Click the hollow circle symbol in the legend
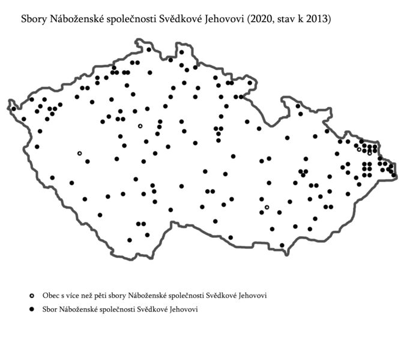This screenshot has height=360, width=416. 32,296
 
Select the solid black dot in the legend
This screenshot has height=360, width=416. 32,310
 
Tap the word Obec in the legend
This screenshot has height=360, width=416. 50,296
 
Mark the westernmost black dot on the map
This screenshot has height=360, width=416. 14,109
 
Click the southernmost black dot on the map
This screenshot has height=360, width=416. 282,245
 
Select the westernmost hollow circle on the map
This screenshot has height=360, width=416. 79,153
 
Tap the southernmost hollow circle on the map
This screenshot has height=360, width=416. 267,207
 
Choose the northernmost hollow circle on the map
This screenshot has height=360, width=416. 140,126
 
